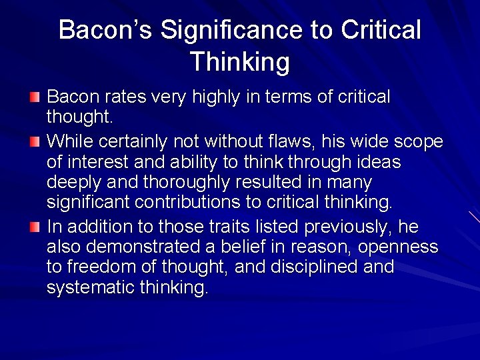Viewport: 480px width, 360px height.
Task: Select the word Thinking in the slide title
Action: click(x=240, y=62)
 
